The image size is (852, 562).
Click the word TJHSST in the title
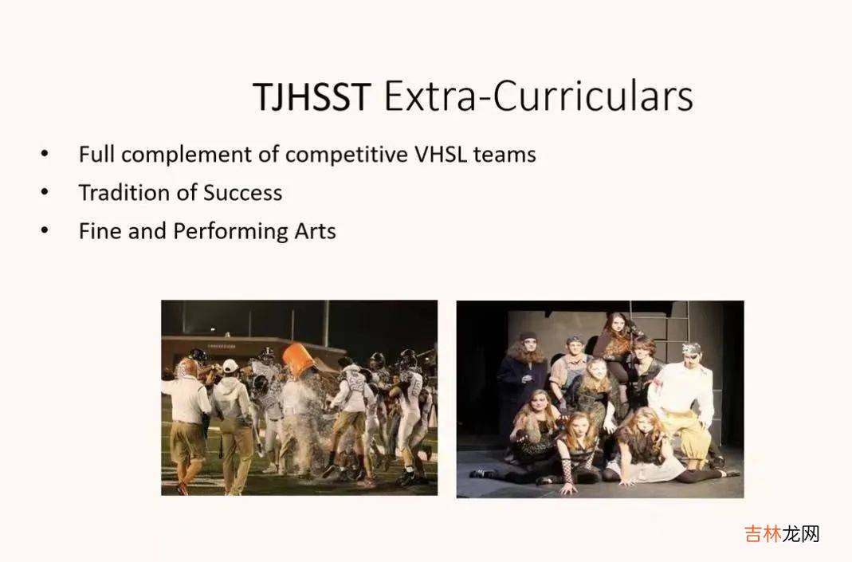312,96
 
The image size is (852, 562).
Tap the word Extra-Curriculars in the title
539,96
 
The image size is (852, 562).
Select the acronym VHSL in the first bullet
441,155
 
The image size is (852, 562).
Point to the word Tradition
124,192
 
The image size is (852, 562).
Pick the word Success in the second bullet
243,193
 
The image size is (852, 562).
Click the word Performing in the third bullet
230,231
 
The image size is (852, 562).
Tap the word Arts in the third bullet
315,231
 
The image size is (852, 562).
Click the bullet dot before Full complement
45,153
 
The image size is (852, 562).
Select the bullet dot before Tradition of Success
45,192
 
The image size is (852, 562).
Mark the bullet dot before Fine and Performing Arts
45,230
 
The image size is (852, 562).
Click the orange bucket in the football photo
298,360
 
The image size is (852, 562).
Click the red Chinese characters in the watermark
763,534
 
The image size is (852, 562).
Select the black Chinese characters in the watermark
800,534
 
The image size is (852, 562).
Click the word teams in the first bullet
505,155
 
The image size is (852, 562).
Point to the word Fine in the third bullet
100,231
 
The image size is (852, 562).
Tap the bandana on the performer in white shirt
691,348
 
